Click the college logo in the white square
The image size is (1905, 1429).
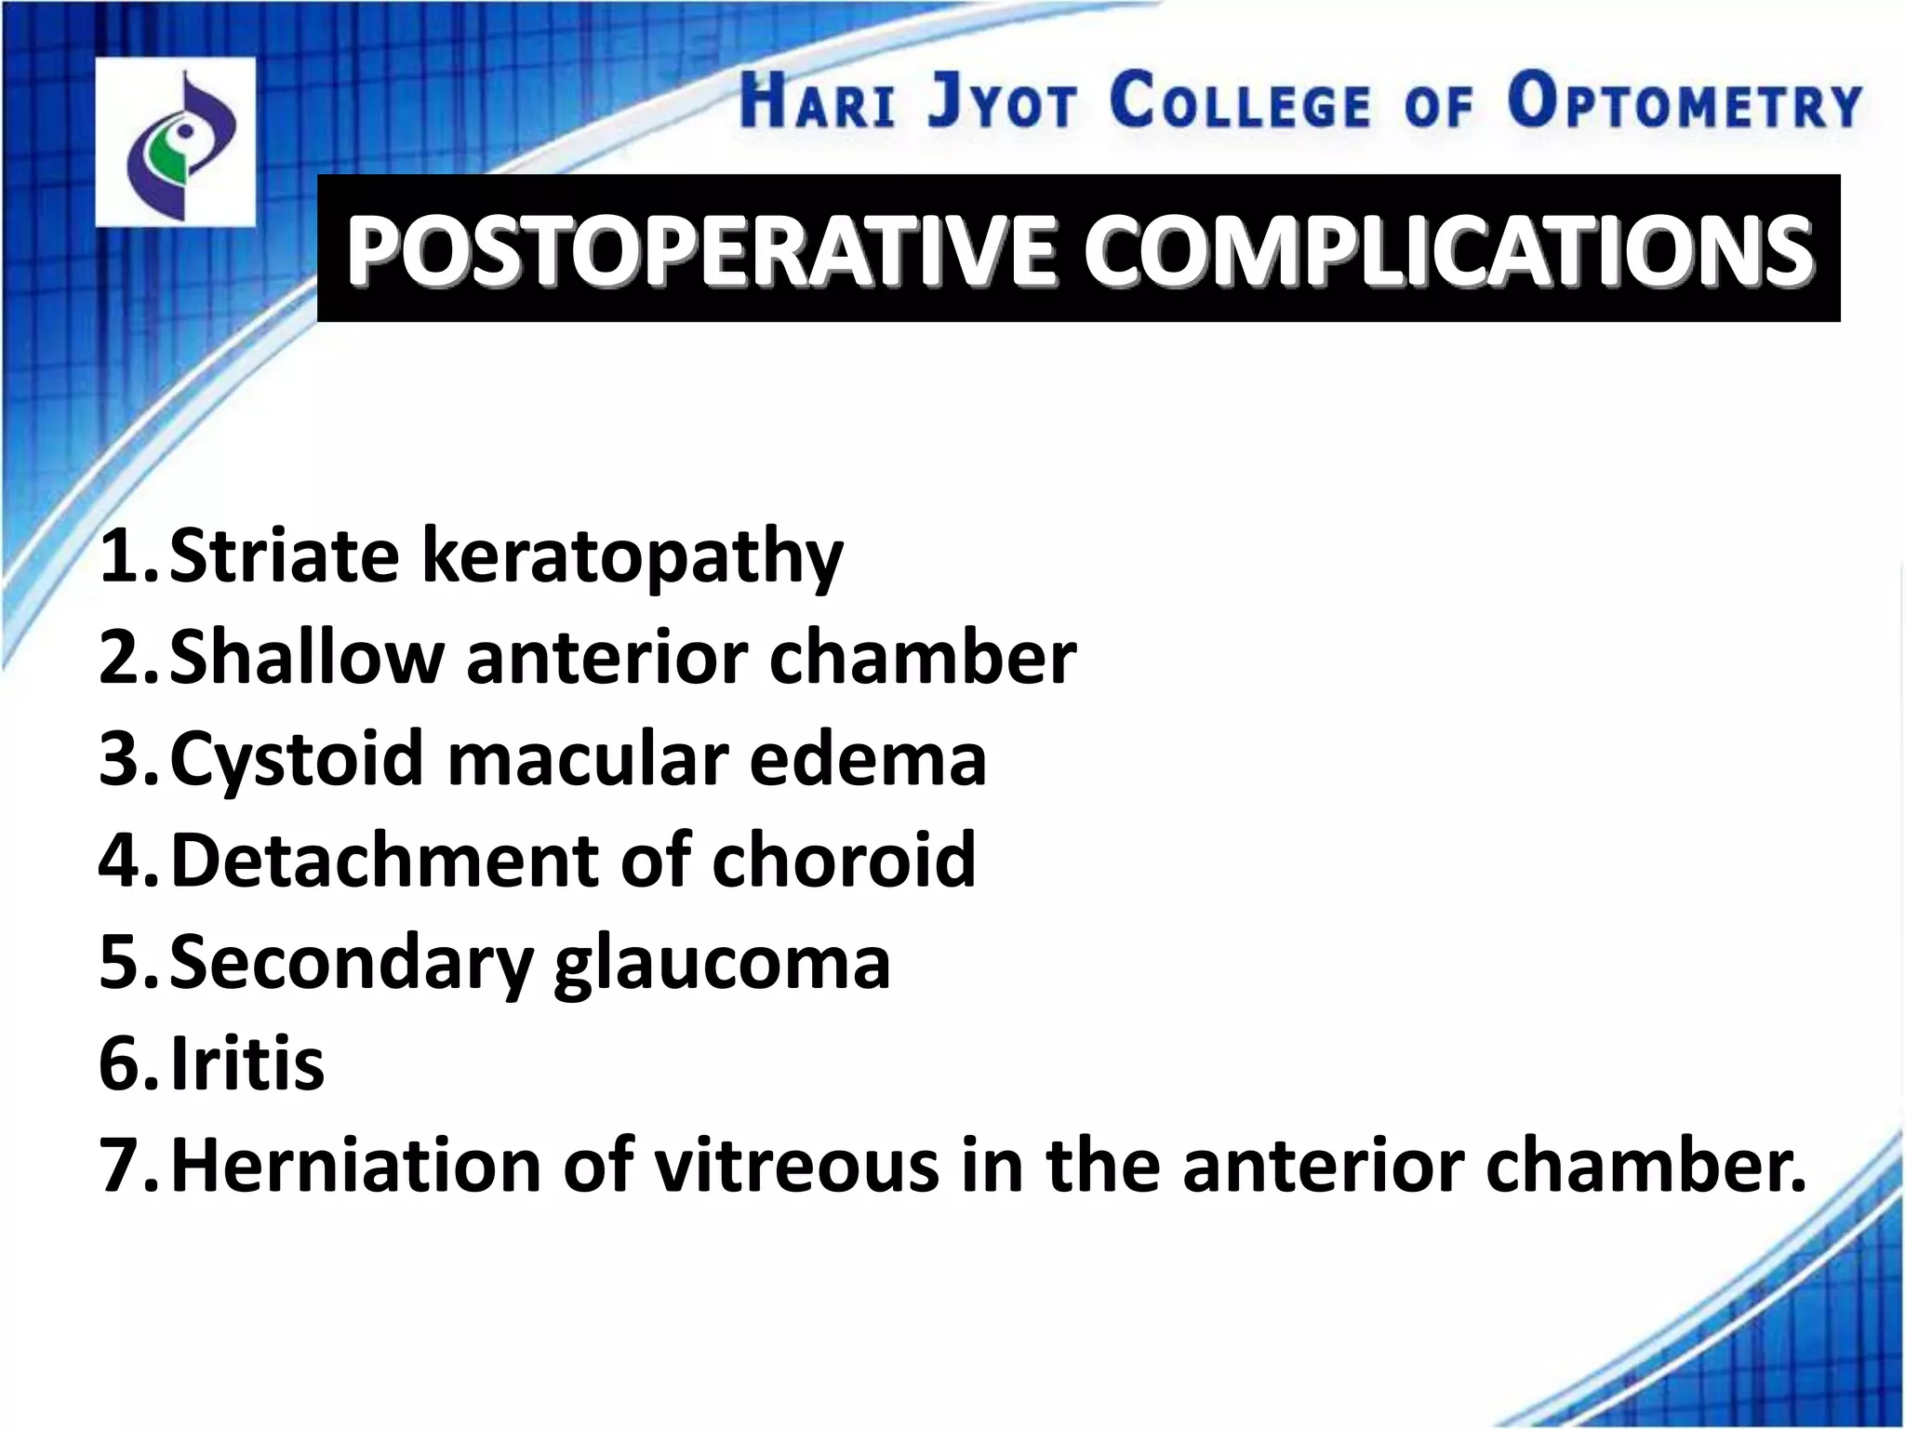pyautogui.click(x=176, y=142)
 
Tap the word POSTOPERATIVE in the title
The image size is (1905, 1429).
pyautogui.click(x=702, y=249)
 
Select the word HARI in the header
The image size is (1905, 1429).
pyautogui.click(x=816, y=102)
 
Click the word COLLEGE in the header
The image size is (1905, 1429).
pyautogui.click(x=1240, y=102)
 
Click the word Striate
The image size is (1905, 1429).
pyautogui.click(x=284, y=556)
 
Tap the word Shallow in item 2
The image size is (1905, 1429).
pyautogui.click(x=306, y=657)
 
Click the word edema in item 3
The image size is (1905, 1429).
pyautogui.click(x=867, y=759)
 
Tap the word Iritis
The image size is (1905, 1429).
pyautogui.click(x=247, y=1062)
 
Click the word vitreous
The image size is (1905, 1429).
pyautogui.click(x=795, y=1165)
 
